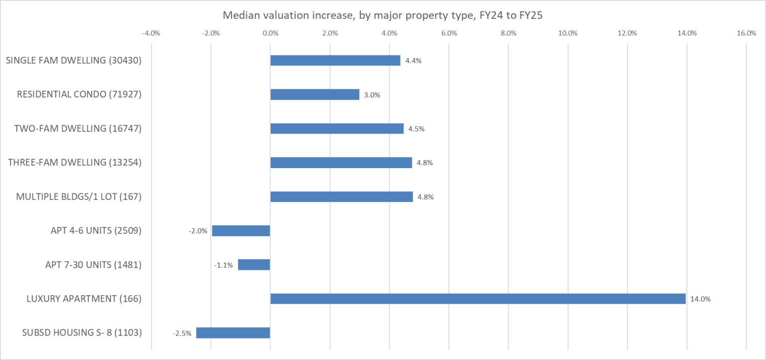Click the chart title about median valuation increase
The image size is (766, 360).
383,15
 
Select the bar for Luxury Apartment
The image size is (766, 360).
478,299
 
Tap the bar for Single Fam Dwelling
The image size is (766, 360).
335,60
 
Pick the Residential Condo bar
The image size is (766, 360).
315,94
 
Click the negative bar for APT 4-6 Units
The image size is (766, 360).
241,231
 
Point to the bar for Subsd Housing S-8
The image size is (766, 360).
233,333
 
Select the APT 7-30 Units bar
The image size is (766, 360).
254,265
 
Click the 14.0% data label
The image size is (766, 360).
700,299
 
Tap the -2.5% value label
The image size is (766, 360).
182,334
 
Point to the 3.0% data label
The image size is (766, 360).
372,95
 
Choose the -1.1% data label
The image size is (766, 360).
223,265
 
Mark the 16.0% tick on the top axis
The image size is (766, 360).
746,33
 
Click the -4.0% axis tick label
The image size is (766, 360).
151,33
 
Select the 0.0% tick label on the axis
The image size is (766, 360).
270,33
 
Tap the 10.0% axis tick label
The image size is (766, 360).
568,33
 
